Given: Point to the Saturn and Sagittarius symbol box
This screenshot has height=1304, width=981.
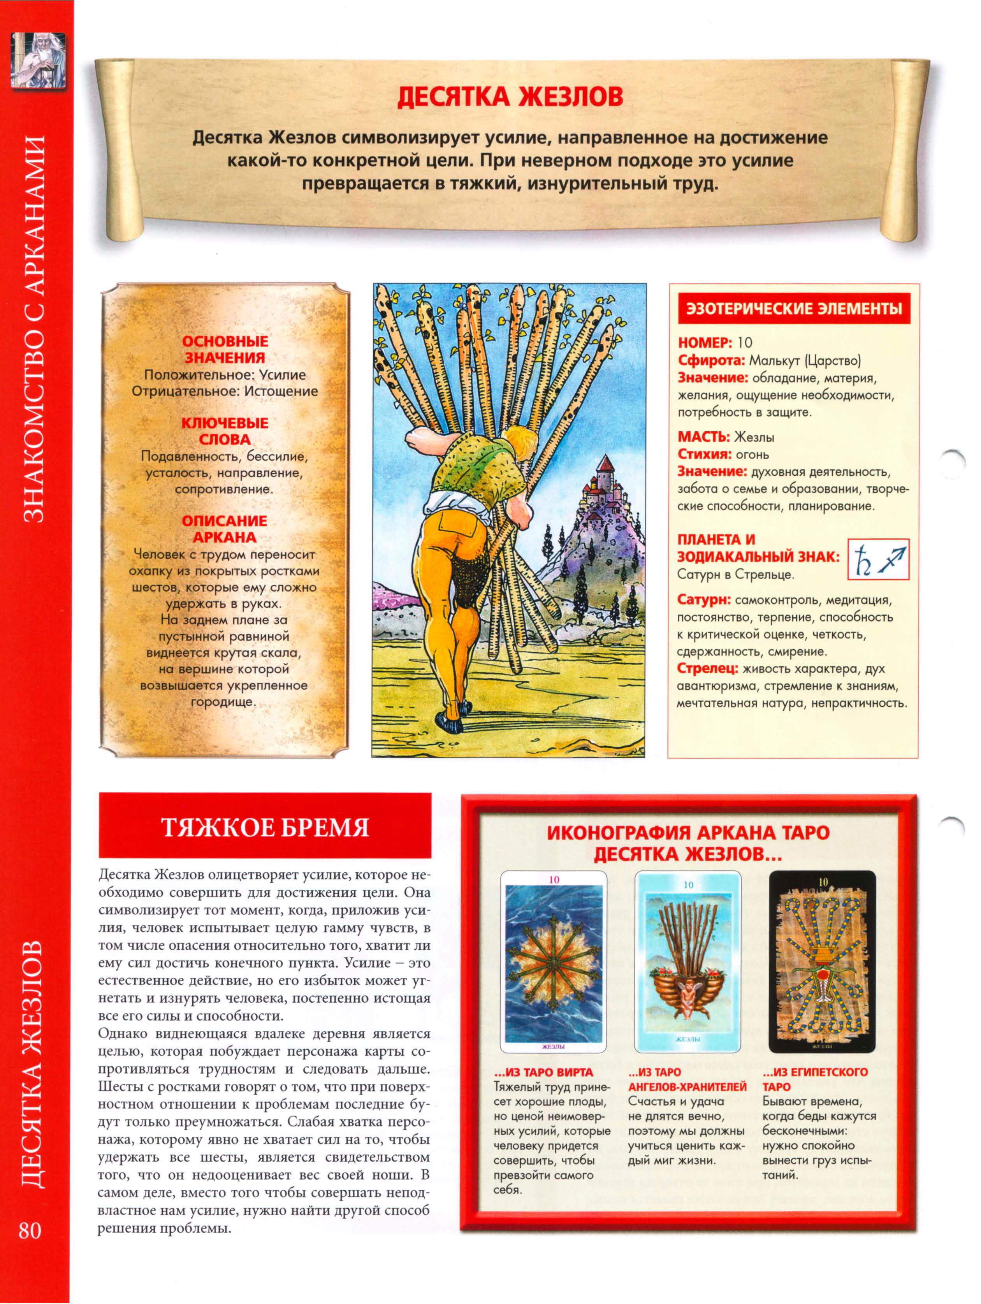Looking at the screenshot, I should click(878, 558).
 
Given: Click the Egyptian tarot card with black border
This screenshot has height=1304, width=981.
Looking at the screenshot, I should click(821, 961).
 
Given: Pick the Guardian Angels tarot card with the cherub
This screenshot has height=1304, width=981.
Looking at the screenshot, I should click(687, 961).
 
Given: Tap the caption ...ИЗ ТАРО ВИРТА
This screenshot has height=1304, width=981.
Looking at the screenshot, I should click(542, 1072).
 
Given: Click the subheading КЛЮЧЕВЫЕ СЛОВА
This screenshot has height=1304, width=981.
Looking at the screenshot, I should click(225, 431).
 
